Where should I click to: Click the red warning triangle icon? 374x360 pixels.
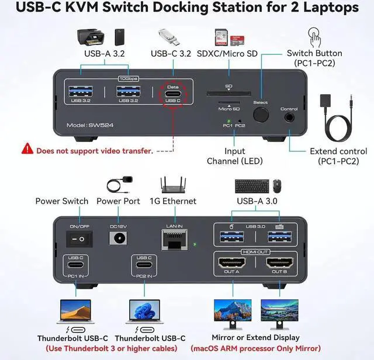(x=27, y=150)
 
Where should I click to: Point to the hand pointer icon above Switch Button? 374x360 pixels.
(x=314, y=38)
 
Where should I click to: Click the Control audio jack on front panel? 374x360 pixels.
(x=289, y=117)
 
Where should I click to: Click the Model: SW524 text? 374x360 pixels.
(x=88, y=124)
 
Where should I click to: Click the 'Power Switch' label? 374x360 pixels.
(x=62, y=201)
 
